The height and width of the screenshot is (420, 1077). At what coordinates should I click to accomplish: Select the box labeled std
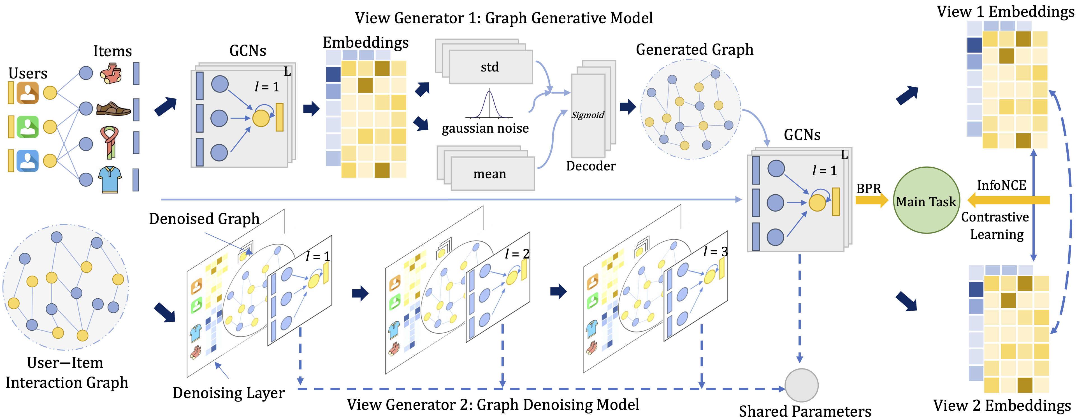coord(490,67)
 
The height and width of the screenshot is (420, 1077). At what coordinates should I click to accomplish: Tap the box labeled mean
coord(490,174)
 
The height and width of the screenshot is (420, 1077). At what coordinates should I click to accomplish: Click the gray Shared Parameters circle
coord(801,385)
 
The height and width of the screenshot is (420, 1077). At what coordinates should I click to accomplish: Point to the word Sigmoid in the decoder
coord(588,115)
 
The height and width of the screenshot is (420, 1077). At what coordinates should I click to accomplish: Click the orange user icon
coord(27,93)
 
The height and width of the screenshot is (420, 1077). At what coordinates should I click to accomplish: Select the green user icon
coord(27,127)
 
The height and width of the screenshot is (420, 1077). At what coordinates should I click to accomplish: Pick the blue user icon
coord(27,161)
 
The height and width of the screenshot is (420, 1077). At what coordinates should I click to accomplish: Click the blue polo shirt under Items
coord(110,179)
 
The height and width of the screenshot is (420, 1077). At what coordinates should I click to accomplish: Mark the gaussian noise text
coord(485,128)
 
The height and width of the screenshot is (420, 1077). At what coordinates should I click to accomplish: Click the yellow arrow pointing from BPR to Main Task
coord(871,200)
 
